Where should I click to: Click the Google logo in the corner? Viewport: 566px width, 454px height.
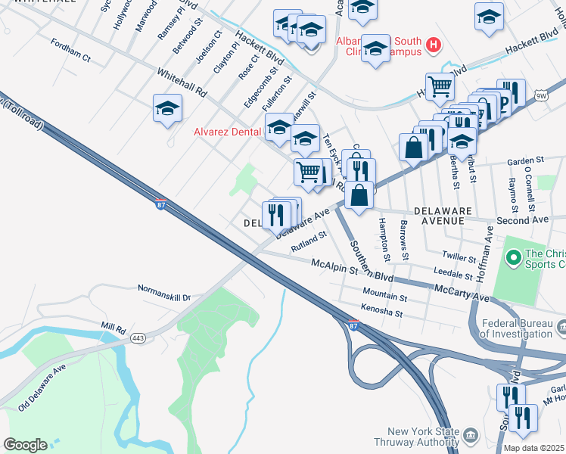tap(25, 445)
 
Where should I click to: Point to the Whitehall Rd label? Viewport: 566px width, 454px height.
tap(182, 82)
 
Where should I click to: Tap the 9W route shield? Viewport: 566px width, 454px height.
tap(540, 95)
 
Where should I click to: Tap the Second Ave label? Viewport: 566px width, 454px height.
tap(521, 220)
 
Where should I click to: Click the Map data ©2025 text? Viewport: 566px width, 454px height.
tap(533, 448)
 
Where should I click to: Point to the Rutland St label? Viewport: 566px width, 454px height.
tap(309, 240)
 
